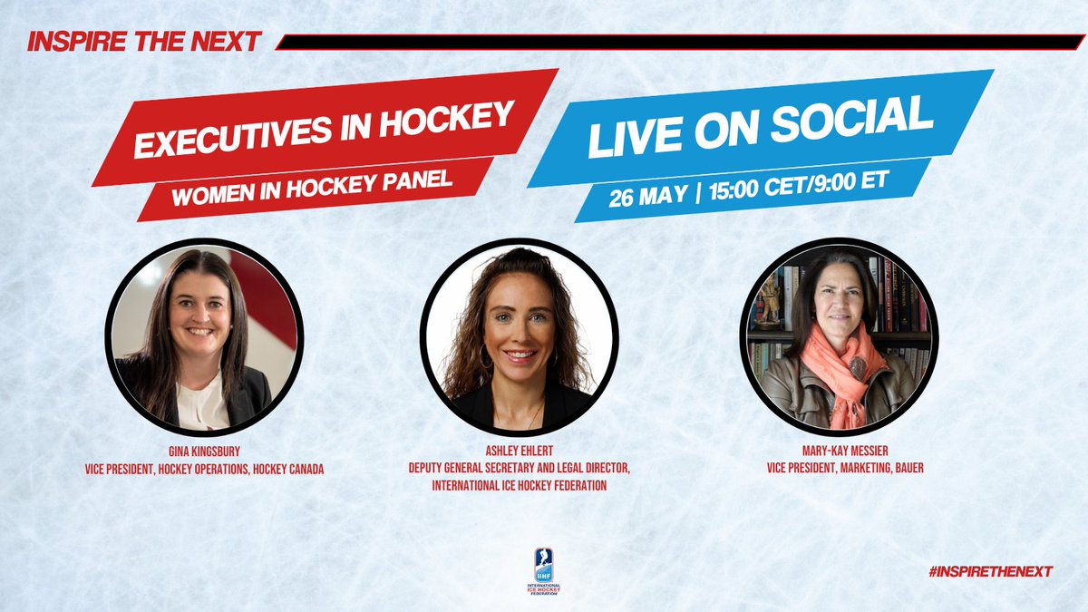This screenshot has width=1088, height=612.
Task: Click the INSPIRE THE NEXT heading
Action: coord(142,41)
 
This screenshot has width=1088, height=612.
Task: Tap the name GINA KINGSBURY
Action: coord(202,445)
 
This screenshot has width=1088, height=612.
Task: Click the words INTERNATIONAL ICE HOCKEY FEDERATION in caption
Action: coord(519,486)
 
